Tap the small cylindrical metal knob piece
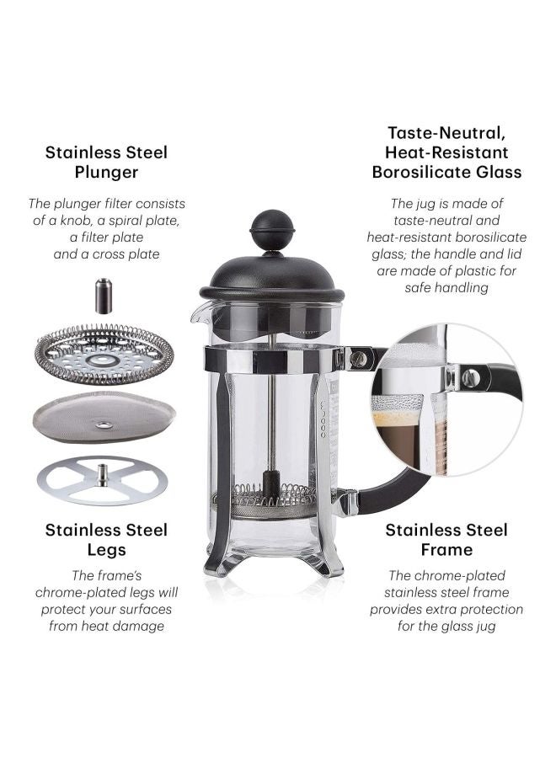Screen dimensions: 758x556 103,296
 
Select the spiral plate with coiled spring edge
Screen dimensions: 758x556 104,355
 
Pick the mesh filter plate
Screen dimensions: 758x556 104,417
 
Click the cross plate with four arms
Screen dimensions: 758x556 102,480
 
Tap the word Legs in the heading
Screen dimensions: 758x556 106,550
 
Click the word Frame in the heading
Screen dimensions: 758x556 446,550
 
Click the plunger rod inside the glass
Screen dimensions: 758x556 272,421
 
